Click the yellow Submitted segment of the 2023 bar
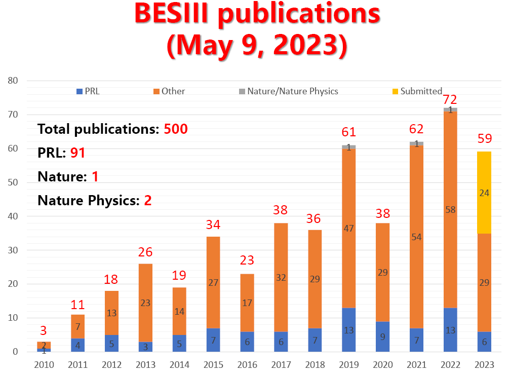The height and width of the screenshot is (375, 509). pyautogui.click(x=484, y=193)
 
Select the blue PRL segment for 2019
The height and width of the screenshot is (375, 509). pyautogui.click(x=348, y=329)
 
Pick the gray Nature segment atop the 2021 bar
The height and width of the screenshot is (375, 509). pyautogui.click(x=416, y=143)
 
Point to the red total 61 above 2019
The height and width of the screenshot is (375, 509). pyautogui.click(x=348, y=132)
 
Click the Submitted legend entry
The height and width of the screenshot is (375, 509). pyautogui.click(x=417, y=91)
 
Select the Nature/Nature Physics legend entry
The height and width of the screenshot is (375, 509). pyautogui.click(x=289, y=91)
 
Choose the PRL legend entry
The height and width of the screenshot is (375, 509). pyautogui.click(x=88, y=91)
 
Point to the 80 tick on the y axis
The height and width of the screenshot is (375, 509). pyautogui.click(x=13, y=81)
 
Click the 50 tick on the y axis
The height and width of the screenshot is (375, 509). pyautogui.click(x=13, y=182)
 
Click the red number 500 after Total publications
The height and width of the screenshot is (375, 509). pyautogui.click(x=176, y=129)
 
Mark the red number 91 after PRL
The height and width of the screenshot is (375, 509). pyautogui.click(x=77, y=153)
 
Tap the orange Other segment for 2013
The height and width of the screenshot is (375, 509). pyautogui.click(x=145, y=303)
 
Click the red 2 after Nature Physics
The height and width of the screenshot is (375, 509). pyautogui.click(x=148, y=200)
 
